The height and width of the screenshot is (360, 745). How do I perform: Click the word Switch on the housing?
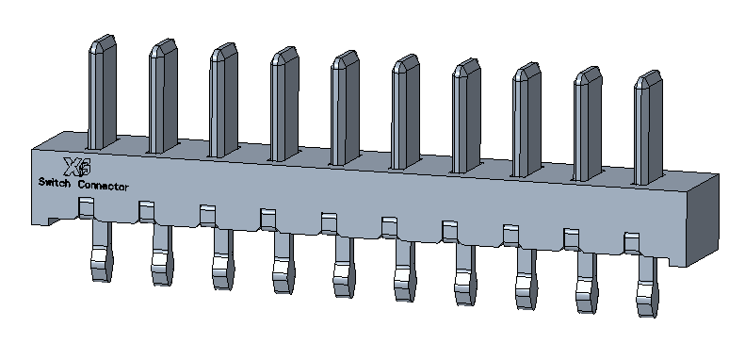pos(55,182)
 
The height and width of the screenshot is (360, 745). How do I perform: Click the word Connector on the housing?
pos(103,186)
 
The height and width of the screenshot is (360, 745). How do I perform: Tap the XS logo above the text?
pos(77,167)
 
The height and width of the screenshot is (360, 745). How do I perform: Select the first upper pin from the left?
pos(102,91)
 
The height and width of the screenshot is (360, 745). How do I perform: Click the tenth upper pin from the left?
pos(648,127)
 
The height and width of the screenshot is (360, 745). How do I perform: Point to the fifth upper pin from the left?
pos(345,108)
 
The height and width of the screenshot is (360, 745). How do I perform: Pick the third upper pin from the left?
pos(223,100)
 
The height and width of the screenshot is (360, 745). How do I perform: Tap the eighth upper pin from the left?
pos(526,120)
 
